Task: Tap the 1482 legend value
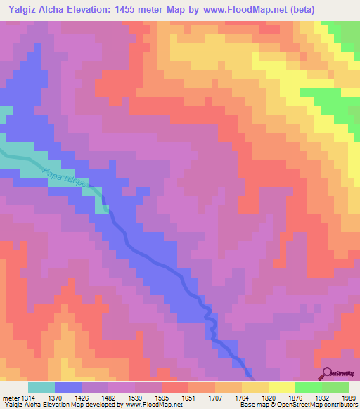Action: [110, 398]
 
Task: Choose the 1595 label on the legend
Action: [162, 398]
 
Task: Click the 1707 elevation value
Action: [215, 398]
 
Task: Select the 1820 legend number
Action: [268, 398]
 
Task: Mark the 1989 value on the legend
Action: [347, 398]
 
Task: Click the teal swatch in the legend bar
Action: [41, 387]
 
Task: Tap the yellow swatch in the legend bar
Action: [282, 387]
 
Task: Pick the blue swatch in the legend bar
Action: [68, 387]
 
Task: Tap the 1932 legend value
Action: [321, 398]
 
